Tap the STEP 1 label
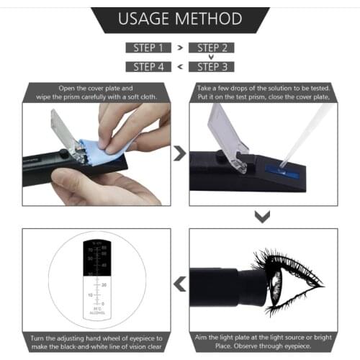tap(148, 48)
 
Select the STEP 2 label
tap(212, 48)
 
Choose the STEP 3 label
tap(212, 67)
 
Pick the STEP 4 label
tap(148, 67)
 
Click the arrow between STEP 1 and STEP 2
tap(180, 48)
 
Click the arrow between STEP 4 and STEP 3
tap(180, 67)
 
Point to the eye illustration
tap(288, 278)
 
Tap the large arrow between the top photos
tap(180, 153)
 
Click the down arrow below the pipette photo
tap(264, 217)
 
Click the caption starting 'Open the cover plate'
tap(96, 92)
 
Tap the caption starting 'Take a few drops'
tap(264, 92)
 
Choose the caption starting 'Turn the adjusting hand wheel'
tap(96, 341)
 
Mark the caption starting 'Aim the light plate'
tap(264, 341)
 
